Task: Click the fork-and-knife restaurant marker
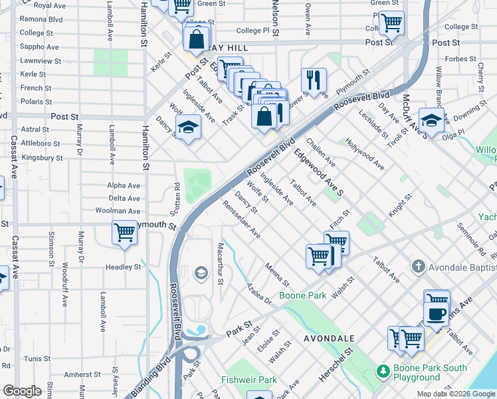pyautogui.click(x=313, y=80)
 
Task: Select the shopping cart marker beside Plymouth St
pyautogui.click(x=124, y=233)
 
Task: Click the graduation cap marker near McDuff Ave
pyautogui.click(x=431, y=121)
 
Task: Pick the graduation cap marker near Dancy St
pyautogui.click(x=188, y=126)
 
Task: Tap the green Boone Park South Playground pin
pyautogui.click(x=382, y=370)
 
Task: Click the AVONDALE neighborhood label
pyautogui.click(x=328, y=338)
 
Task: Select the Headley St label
pyautogui.click(x=124, y=267)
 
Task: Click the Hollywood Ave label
pyautogui.click(x=364, y=154)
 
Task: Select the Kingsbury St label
pyautogui.click(x=41, y=158)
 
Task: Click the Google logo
pyautogui.click(x=23, y=391)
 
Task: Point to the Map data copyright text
pyautogui.click(x=455, y=394)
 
